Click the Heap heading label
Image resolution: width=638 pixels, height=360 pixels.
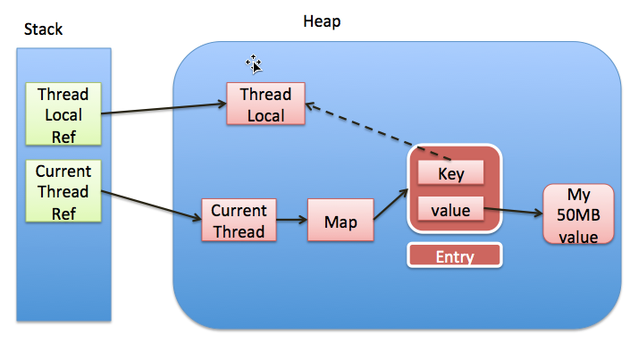pyautogui.click(x=323, y=20)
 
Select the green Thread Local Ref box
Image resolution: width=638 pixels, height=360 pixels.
pyautogui.click(x=63, y=114)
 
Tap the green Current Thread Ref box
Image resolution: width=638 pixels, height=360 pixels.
pyautogui.click(x=63, y=191)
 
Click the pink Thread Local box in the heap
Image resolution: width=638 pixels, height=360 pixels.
pyautogui.click(x=265, y=105)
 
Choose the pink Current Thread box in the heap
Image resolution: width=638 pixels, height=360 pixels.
pyautogui.click(x=239, y=221)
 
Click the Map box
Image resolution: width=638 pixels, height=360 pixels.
pyautogui.click(x=340, y=221)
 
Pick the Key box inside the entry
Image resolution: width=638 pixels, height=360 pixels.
pyautogui.click(x=451, y=173)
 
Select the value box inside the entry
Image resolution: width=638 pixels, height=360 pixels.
pyautogui.click(x=451, y=211)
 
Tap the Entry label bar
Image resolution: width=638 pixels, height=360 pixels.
pyautogui.click(x=454, y=256)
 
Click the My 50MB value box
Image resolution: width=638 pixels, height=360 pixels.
pyautogui.click(x=579, y=214)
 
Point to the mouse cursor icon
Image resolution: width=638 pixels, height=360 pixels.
pyautogui.click(x=254, y=63)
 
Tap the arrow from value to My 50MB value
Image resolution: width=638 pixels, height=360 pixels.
pyautogui.click(x=513, y=213)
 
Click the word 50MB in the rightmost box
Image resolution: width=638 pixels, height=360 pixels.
pyautogui.click(x=579, y=214)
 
